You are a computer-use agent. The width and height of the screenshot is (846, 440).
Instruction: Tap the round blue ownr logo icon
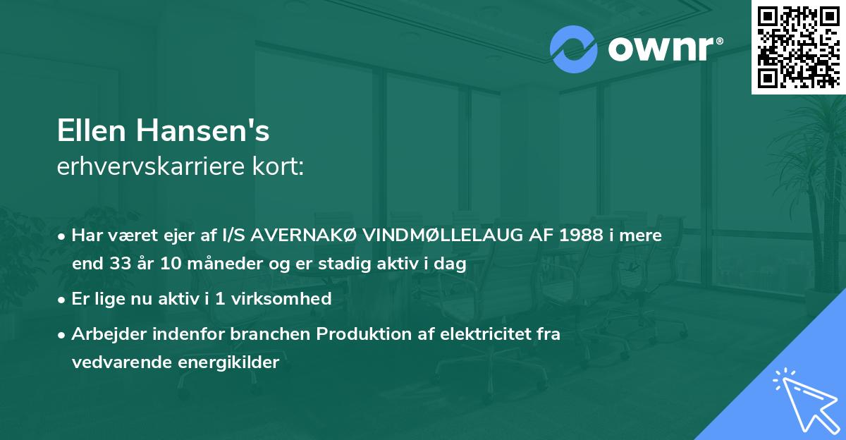coord(574,49)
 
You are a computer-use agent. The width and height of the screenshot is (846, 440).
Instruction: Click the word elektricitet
coord(478,334)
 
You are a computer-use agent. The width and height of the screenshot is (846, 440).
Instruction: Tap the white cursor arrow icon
coord(804,398)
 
